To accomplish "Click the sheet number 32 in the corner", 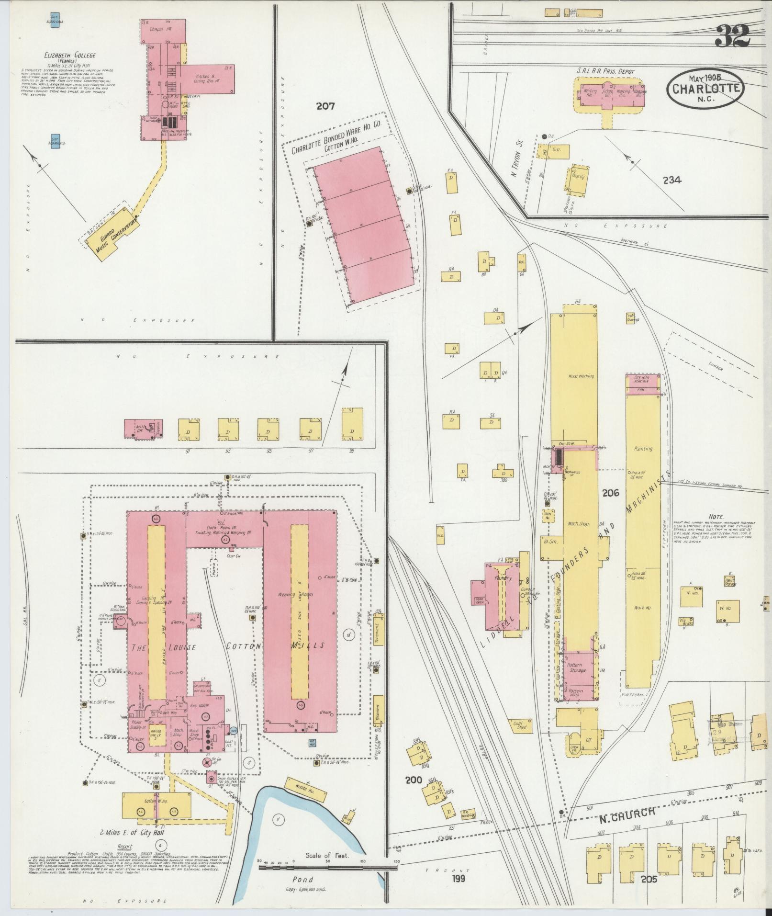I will [x=732, y=35].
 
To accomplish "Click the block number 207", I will [x=325, y=106].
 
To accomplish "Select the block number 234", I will [x=672, y=180].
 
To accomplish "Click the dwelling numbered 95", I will [x=268, y=429].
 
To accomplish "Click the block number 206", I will [x=611, y=492].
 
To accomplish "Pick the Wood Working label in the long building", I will [x=581, y=376].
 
